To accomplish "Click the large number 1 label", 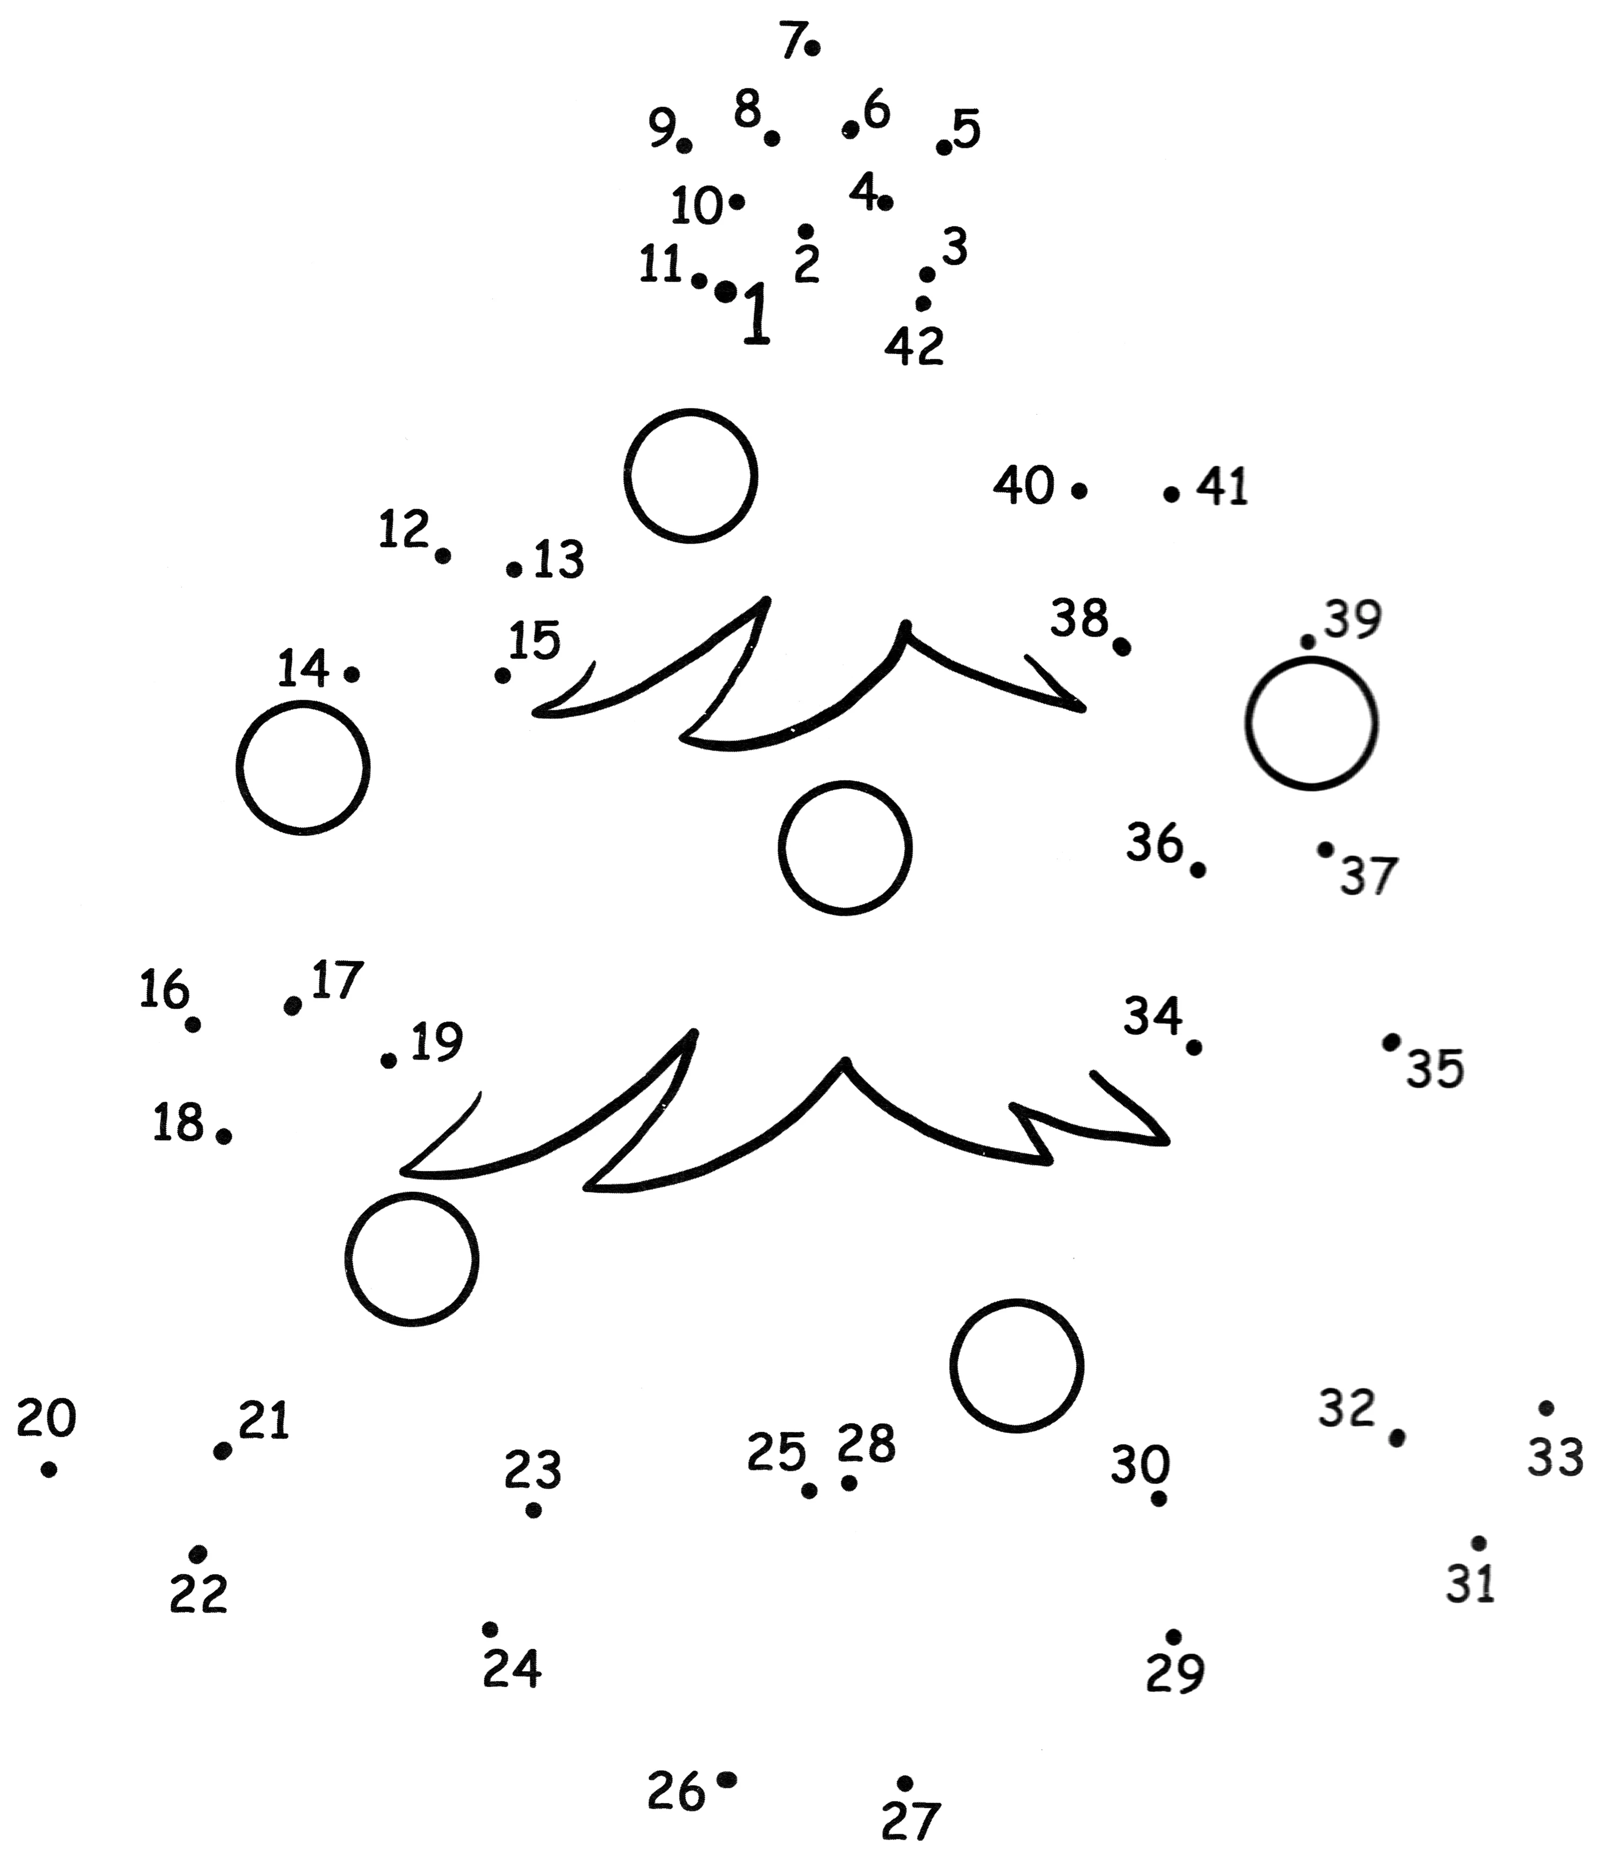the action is [757, 313].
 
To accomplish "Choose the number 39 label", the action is [1353, 620].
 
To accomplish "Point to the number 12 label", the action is [403, 529].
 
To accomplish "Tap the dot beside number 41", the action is [1171, 494].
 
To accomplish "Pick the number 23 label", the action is [533, 1469].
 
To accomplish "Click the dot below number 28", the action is [849, 1482].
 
